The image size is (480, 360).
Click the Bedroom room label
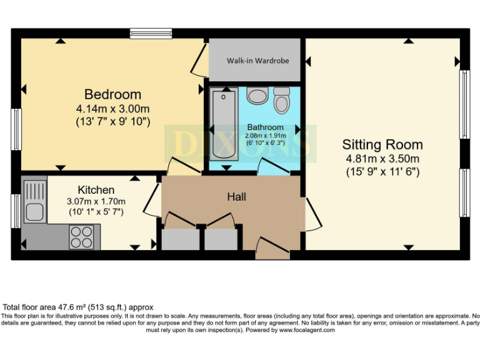pos(112,94)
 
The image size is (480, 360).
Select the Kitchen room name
pos(96,189)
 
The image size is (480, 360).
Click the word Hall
pos(236,197)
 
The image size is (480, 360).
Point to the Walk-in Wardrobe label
pos(257,61)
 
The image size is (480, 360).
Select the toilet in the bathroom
pos(282,100)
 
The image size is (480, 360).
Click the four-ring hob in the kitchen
pos(81,237)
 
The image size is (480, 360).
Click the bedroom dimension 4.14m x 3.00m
pos(112,108)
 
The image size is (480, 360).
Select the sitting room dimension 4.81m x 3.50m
pos(382,158)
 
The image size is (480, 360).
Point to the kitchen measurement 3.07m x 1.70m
pos(97,201)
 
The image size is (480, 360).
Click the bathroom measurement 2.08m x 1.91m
pos(265,136)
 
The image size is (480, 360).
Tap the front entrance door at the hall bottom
pos(273,249)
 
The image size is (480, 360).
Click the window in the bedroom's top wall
pos(151,33)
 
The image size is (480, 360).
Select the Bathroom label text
pos(265,127)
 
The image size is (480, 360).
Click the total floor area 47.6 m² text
pos(78,307)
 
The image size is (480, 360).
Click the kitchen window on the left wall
pos(15,211)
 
